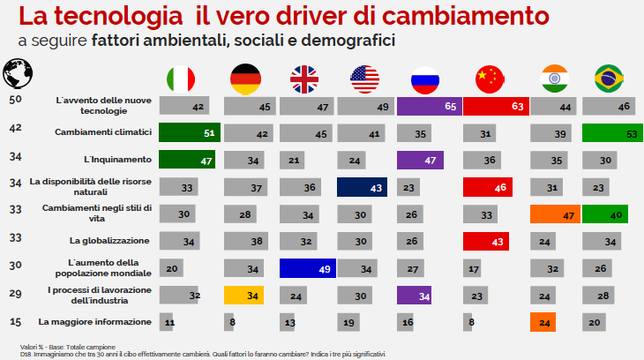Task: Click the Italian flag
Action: click(182, 79)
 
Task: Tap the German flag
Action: click(244, 79)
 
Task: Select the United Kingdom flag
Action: click(305, 79)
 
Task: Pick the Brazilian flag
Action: click(609, 79)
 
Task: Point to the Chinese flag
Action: click(488, 79)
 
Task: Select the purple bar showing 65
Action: click(427, 106)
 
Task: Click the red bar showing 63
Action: click(493, 106)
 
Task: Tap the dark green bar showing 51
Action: click(189, 133)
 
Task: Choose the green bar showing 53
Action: click(612, 133)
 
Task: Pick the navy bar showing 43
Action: click(362, 187)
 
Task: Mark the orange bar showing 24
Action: click(542, 322)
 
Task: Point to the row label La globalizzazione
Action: click(110, 240)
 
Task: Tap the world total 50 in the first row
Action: click(15, 100)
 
